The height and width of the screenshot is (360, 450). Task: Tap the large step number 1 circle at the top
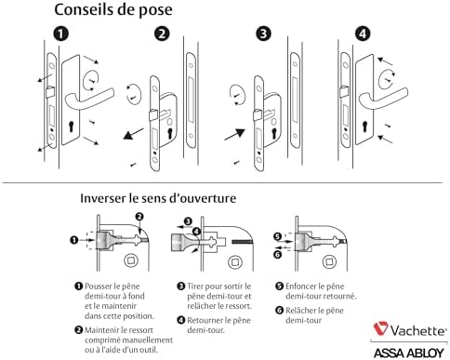62,33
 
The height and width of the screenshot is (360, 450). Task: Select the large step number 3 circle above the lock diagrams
264,33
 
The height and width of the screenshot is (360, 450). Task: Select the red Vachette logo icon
381,328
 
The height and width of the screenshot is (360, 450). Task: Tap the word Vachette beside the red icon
417,328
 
